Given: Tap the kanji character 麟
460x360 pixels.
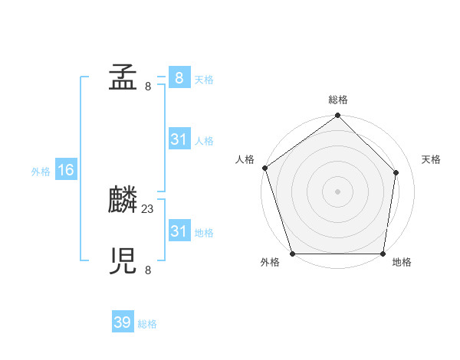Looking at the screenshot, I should point(123,201).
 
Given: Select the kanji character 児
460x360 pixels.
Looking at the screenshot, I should point(123,262).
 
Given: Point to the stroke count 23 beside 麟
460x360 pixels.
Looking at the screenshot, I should point(148,208).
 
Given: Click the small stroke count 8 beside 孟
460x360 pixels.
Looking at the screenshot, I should point(148,86).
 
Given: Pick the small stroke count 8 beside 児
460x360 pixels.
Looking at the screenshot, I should point(148,270).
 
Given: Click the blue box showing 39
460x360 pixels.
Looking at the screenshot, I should point(123,322).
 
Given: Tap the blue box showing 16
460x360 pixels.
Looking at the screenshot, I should point(66,170).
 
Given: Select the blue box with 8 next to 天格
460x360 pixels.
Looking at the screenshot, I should point(179,78).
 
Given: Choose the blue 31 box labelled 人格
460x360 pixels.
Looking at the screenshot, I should point(179,139).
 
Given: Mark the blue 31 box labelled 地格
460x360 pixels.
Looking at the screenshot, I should point(179,231).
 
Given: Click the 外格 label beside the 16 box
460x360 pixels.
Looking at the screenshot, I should point(41,172).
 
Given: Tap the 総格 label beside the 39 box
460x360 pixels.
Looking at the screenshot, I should point(147,324).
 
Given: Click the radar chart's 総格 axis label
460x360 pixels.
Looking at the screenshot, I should point(338,100).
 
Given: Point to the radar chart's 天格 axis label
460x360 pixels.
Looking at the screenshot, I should point(431,159).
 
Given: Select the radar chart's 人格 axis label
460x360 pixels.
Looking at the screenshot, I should point(245,159).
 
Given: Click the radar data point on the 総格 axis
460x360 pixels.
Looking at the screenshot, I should point(338,116).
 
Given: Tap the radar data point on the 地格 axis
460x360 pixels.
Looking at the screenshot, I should point(383,254).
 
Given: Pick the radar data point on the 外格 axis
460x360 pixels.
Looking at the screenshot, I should point(293,254).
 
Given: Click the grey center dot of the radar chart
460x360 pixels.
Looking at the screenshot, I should point(338,191).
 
